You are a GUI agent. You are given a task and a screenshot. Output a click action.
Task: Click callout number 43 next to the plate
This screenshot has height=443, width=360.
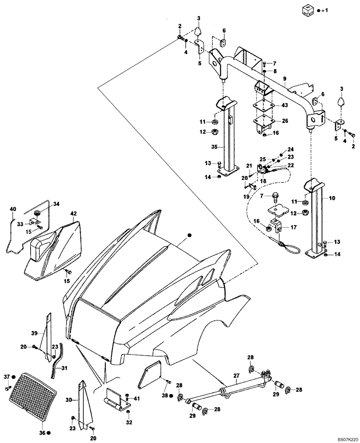pos(285,105)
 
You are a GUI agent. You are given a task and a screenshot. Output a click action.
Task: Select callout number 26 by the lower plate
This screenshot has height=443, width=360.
pos(285,120)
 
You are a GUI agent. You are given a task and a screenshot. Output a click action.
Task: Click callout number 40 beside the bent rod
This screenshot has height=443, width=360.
pos(12,209)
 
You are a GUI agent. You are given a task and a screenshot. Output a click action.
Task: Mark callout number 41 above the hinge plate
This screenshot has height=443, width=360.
pos(137,399)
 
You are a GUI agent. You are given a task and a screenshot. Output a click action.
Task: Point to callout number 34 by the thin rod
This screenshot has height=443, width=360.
pos(56,204)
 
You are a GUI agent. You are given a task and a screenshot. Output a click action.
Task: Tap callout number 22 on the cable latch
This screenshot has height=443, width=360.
pos(291,165)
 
